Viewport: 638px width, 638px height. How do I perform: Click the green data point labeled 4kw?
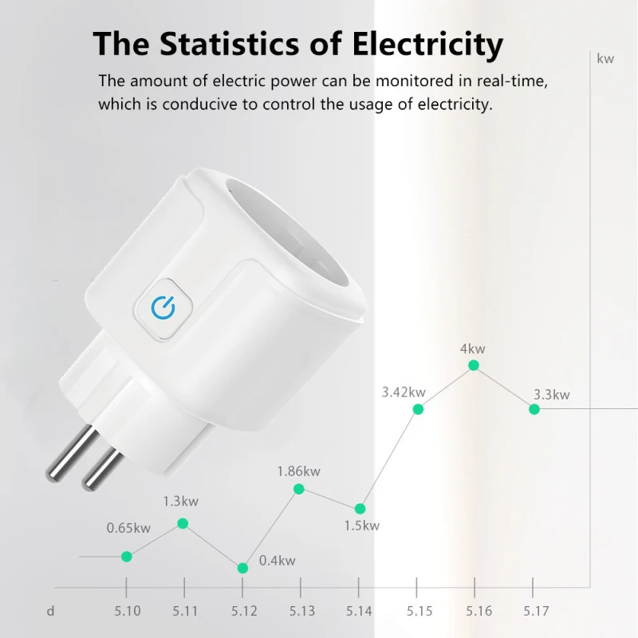click(x=474, y=365)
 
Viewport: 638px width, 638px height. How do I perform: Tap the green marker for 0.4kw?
click(x=242, y=568)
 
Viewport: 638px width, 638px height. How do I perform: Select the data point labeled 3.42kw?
click(x=417, y=409)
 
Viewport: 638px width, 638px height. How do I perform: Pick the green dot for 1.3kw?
click(x=183, y=523)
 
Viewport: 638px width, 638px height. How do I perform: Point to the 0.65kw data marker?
click(x=127, y=556)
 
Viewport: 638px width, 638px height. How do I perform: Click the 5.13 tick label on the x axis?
click(x=301, y=612)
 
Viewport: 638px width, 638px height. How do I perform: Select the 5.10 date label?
click(x=127, y=612)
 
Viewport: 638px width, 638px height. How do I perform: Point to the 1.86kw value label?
click(x=298, y=471)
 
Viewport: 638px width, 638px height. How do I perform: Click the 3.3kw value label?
click(x=551, y=395)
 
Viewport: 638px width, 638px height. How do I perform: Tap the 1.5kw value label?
click(x=361, y=526)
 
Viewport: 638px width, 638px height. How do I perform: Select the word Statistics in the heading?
click(x=223, y=44)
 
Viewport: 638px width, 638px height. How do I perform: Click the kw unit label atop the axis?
click(x=605, y=58)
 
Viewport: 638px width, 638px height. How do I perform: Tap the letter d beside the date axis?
click(x=50, y=612)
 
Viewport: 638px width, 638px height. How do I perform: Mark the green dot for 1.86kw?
click(x=299, y=489)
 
